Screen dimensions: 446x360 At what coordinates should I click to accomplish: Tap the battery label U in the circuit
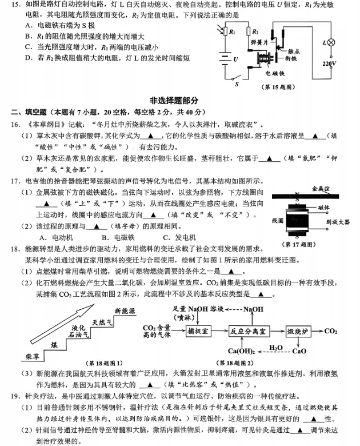click(235, 58)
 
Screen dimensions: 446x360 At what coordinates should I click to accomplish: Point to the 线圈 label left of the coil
click(278, 220)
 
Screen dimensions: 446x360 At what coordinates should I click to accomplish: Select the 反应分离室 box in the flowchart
click(250, 330)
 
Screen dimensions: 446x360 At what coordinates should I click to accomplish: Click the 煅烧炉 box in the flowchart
click(298, 330)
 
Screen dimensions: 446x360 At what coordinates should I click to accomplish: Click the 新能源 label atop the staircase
click(125, 310)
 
